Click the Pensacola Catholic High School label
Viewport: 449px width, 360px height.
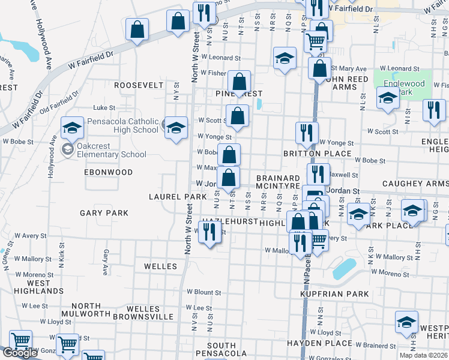coord(122,125)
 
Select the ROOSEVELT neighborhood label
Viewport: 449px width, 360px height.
coord(139,85)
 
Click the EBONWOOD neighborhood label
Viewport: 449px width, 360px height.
coord(108,172)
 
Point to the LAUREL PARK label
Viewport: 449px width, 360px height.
coord(174,197)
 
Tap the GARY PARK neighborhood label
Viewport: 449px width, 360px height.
coord(104,213)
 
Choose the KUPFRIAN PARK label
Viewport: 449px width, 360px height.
coord(334,294)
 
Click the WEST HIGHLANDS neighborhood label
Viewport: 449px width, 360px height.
coord(38,287)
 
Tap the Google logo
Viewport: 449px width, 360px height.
coord(20,353)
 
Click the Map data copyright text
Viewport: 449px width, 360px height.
coord(423,355)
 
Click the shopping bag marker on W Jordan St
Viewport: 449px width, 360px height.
coord(228,178)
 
